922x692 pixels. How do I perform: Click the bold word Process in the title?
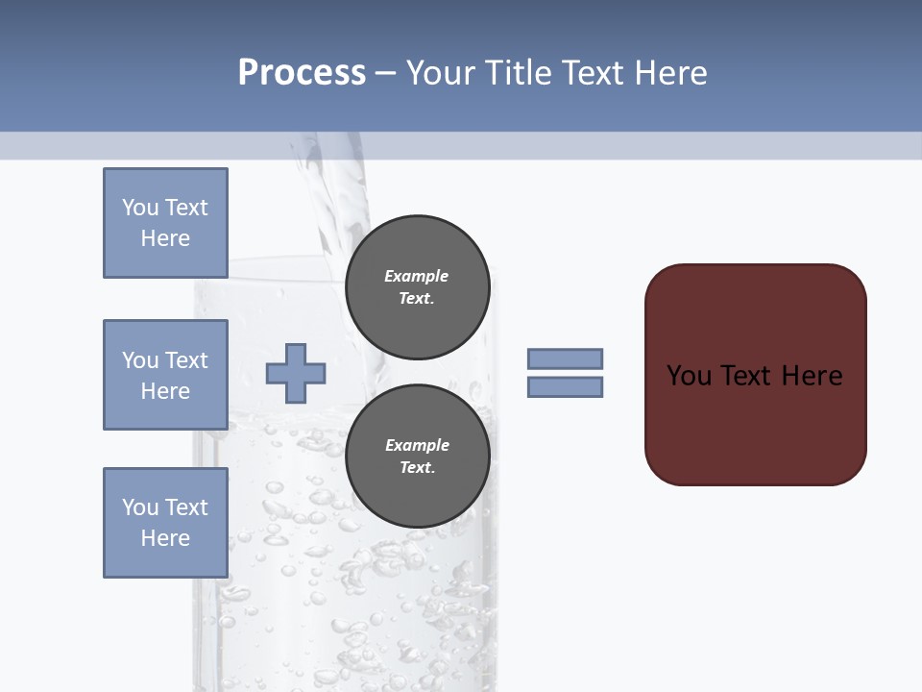pos(302,72)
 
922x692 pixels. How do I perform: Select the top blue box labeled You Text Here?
pos(165,223)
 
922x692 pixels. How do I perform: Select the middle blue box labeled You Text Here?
pos(165,375)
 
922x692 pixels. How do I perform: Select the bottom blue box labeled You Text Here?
pos(165,522)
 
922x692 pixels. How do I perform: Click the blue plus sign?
pos(295,373)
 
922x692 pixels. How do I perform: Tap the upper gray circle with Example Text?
pos(417,287)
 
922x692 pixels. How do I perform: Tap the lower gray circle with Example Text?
pos(417,457)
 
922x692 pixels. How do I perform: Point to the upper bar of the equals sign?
pos(565,358)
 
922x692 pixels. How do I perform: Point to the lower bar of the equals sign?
pos(565,386)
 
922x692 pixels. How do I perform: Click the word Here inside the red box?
pos(812,376)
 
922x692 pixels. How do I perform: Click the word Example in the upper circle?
pos(417,276)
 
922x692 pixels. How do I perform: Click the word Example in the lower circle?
pos(417,445)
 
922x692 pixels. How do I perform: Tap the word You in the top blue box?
pos(140,208)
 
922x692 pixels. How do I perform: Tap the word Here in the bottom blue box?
pos(165,538)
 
